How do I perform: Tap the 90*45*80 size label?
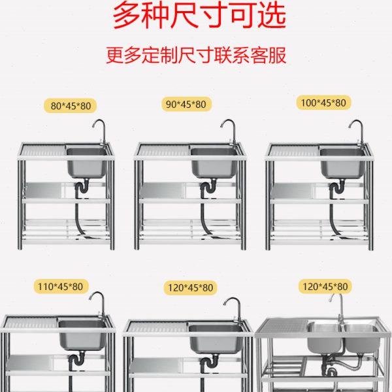tap(186, 104)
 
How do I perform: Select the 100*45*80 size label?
tap(324, 103)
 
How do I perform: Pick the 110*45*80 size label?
tap(62, 286)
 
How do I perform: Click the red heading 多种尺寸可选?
tap(199, 16)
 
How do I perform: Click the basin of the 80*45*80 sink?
tap(86, 163)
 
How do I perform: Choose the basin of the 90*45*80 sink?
tap(214, 163)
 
